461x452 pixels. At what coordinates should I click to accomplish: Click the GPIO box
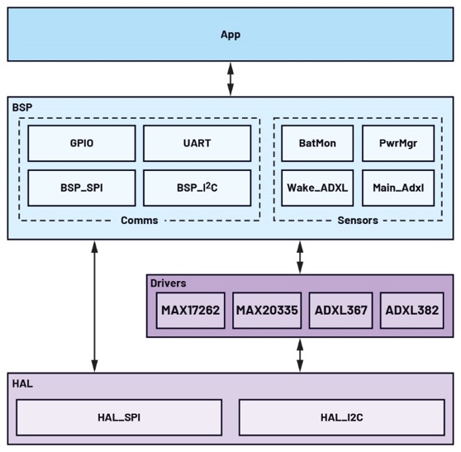[x=81, y=143]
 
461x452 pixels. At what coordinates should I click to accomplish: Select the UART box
[x=197, y=143]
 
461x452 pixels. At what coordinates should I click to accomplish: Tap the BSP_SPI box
[x=81, y=188]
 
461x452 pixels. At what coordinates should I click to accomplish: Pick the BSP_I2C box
[x=197, y=188]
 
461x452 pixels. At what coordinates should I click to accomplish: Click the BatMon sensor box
[x=317, y=143]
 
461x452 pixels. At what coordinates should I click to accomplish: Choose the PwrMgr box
[x=397, y=143]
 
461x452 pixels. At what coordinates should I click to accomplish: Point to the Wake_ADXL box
[x=317, y=188]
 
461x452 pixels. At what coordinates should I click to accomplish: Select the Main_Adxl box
[x=397, y=188]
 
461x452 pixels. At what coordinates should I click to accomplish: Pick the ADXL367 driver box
[x=339, y=311]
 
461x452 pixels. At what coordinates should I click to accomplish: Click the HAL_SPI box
[x=119, y=417]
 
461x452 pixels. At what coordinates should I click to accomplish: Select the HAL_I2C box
[x=341, y=417]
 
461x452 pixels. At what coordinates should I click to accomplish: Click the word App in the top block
[x=230, y=35]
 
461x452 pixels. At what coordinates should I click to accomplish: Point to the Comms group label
[x=139, y=221]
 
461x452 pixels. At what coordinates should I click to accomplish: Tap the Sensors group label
[x=358, y=221]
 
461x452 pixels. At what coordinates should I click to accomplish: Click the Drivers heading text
[x=168, y=283]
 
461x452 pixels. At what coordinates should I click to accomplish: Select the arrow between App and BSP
[x=230, y=79]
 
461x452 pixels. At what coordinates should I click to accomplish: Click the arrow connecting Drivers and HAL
[x=300, y=355]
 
